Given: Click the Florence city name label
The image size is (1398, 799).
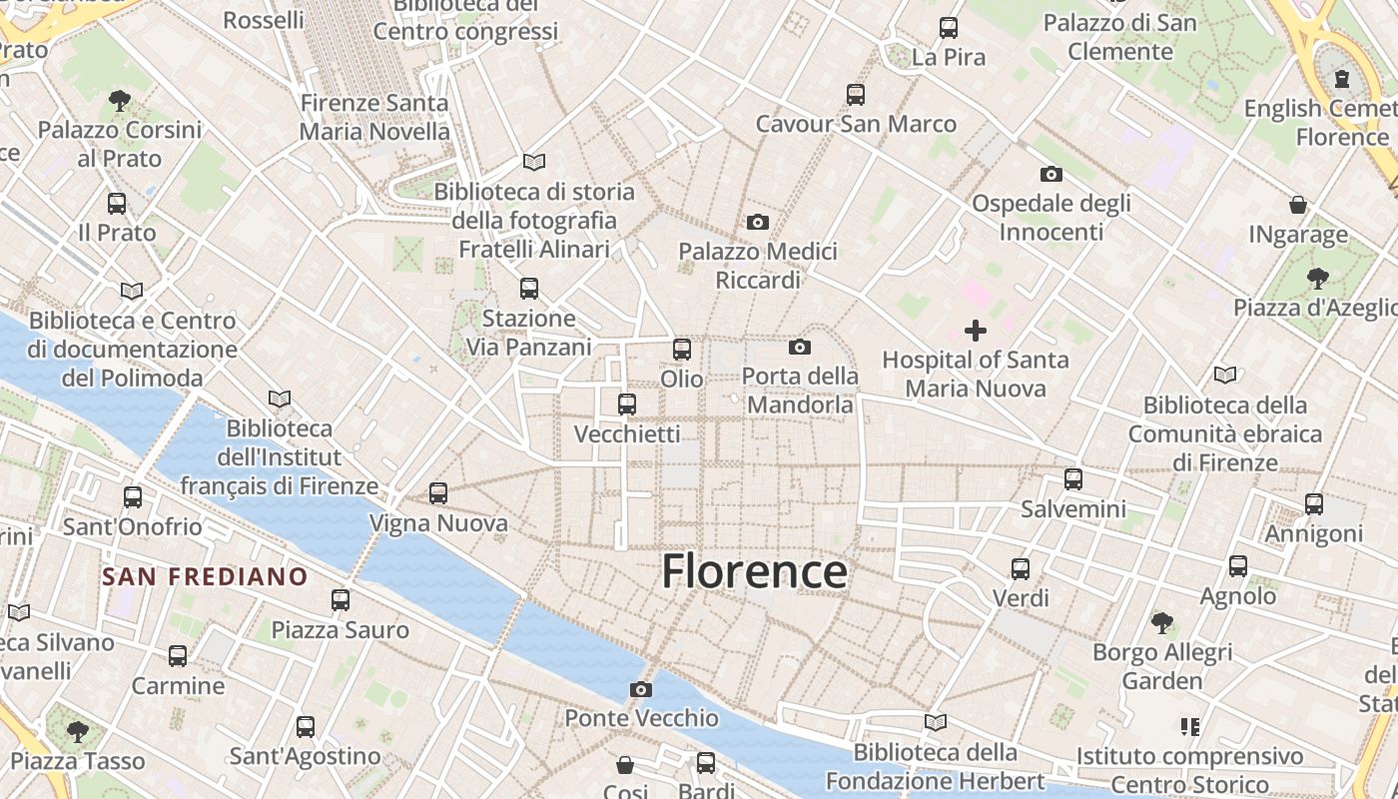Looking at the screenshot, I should (x=754, y=572).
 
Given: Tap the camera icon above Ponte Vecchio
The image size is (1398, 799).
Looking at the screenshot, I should (x=641, y=689).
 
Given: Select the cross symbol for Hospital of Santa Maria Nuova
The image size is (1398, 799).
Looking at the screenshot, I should (x=976, y=331).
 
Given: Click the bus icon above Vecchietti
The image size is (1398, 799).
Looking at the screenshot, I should (x=627, y=404).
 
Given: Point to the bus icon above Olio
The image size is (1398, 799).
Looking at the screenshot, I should (x=682, y=350).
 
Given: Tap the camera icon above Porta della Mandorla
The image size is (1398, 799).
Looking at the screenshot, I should (x=799, y=347).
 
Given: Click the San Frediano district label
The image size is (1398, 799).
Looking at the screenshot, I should (x=205, y=576).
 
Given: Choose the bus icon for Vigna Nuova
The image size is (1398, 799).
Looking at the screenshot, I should (x=438, y=493).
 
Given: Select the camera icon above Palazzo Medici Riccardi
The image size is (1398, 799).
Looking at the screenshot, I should (x=758, y=222).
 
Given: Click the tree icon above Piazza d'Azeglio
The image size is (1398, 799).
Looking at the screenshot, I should (x=1318, y=278).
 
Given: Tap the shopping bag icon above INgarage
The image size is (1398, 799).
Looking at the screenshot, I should (x=1298, y=205).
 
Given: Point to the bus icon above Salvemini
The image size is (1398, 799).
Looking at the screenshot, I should (x=1073, y=479).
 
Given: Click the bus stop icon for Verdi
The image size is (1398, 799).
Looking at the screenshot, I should (x=1021, y=569).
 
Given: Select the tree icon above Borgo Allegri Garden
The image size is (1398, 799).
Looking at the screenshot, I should (x=1162, y=623).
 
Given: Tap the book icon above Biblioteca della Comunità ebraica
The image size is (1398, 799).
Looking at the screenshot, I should (x=1225, y=376).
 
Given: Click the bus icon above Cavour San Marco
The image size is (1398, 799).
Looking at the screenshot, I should (x=856, y=95).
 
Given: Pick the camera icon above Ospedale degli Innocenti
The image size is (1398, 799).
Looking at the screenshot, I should (x=1050, y=174).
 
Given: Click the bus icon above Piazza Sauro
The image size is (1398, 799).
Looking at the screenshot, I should (x=341, y=600).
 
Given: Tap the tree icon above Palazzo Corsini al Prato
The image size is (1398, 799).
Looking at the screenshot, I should (x=120, y=101).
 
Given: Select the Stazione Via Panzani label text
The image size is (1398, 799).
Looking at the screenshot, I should (x=529, y=333).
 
